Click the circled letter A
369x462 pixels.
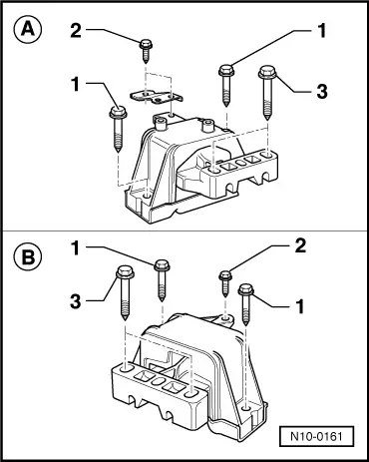28,30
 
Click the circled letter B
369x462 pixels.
28,256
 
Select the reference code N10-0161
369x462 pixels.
316,436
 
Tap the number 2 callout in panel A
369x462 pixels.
76,31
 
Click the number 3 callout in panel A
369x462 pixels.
322,91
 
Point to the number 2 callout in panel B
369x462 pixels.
300,246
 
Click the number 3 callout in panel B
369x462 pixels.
76,301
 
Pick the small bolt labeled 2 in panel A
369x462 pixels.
146,50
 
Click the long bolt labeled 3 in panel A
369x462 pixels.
267,92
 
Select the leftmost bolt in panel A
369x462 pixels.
118,129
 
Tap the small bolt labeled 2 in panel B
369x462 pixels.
225,283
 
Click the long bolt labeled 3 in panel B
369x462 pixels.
125,292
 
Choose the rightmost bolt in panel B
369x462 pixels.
246,304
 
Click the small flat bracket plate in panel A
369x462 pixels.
157,97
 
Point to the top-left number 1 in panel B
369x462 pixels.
76,248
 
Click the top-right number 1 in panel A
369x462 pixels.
321,31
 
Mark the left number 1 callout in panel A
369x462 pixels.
76,84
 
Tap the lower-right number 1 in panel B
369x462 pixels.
300,306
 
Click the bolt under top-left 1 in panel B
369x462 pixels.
162,280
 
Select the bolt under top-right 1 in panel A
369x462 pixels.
226,86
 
